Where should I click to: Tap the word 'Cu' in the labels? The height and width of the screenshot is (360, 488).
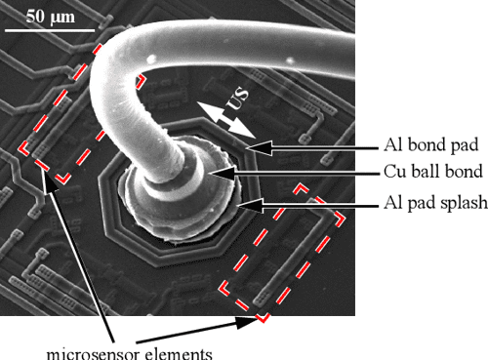click(392, 174)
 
